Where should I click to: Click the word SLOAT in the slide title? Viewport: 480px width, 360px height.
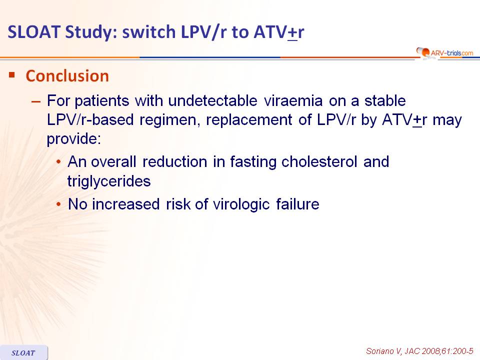point(33,32)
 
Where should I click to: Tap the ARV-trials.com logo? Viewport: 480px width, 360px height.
point(445,52)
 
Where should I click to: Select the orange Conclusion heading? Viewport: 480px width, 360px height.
point(67,76)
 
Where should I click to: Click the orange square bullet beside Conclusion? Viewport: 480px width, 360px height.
point(12,74)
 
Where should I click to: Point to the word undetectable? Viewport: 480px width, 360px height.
point(213,100)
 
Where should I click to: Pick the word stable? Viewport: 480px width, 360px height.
point(385,100)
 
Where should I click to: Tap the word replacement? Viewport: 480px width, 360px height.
point(249,119)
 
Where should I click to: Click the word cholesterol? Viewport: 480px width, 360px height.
point(319,161)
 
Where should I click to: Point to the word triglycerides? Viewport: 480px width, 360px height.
point(109,181)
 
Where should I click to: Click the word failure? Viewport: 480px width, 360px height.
point(297,204)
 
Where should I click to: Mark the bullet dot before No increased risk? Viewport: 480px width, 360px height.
point(58,204)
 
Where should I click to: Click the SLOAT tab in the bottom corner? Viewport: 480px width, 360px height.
point(23,352)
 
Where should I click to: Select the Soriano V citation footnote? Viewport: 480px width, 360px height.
point(419,351)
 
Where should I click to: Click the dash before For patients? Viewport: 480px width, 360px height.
point(36,101)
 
